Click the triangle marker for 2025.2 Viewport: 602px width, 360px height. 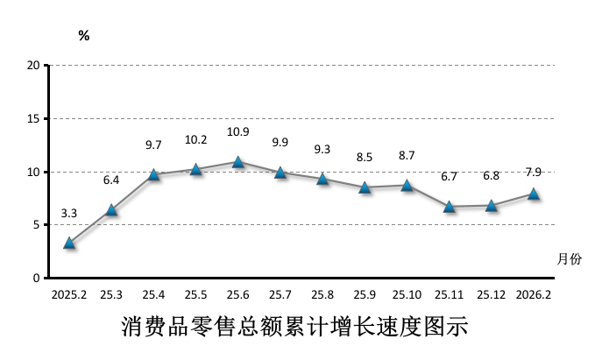[69, 243]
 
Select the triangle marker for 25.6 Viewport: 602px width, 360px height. [238, 162]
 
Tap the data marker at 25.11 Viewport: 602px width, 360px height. [450, 207]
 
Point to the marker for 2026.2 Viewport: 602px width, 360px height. [534, 194]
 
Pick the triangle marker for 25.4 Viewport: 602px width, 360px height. [154, 174]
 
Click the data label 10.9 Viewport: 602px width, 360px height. [238, 132]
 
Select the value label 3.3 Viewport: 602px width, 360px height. [69, 213]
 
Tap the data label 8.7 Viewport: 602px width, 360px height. [407, 155]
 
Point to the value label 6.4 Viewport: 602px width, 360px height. [111, 180]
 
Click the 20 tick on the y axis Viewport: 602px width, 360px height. [33, 65]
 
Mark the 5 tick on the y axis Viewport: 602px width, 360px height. [36, 225]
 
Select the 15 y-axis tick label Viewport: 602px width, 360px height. [33, 118]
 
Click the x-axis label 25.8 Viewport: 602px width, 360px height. [322, 295]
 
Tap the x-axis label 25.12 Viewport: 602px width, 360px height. [492, 295]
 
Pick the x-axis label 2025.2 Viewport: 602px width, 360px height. [69, 295]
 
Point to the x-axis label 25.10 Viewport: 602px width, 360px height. [407, 295]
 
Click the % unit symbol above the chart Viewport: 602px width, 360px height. [84, 36]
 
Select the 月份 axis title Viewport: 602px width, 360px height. [569, 258]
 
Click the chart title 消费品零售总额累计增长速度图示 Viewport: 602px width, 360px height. [294, 329]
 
